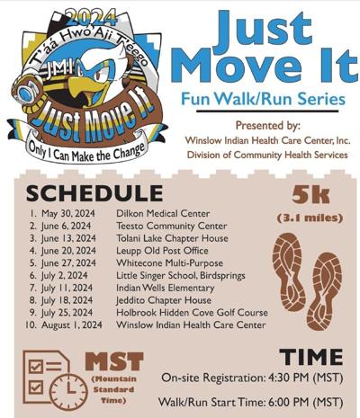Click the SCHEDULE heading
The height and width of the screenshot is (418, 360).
point(95,194)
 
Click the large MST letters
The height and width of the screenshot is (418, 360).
point(113,362)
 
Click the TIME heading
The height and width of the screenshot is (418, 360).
point(310,356)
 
